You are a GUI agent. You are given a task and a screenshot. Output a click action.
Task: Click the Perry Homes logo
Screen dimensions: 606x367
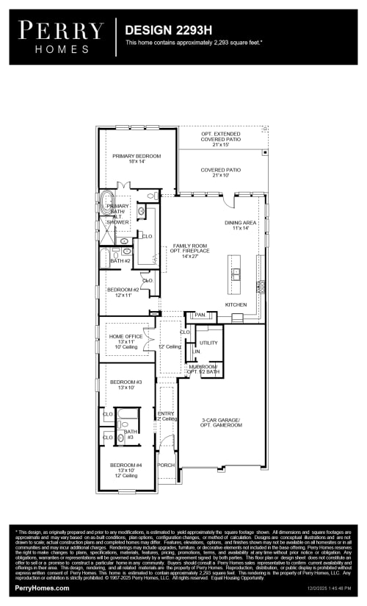click(x=61, y=36)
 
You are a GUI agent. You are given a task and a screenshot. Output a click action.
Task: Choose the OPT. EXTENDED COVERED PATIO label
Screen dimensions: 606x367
click(x=221, y=136)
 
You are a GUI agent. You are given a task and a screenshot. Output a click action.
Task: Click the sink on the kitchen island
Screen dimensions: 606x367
click(x=236, y=275)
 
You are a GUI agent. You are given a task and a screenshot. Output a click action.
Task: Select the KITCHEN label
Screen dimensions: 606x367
click(x=236, y=304)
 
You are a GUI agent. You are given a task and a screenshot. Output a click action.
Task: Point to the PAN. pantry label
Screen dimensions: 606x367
click(x=200, y=315)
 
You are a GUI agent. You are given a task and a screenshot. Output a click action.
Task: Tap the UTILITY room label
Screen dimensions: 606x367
click(x=208, y=343)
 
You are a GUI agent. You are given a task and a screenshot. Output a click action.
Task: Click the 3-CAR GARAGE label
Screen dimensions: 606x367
click(x=221, y=422)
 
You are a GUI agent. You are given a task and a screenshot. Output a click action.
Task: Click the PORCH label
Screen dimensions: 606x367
click(x=167, y=465)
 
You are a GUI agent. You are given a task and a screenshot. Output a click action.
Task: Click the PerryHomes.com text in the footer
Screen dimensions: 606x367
click(x=42, y=588)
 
